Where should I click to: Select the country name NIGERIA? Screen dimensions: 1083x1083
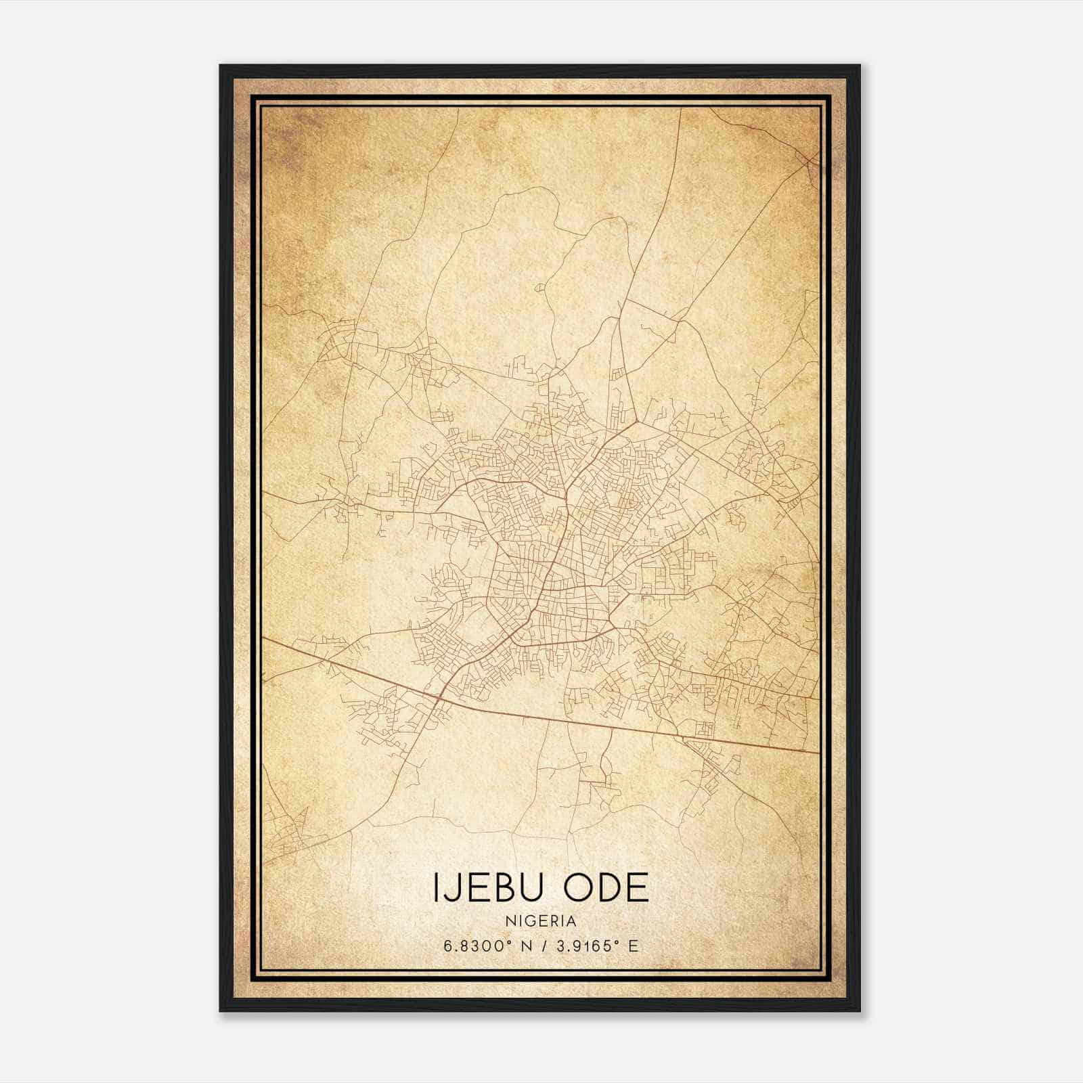coord(540,921)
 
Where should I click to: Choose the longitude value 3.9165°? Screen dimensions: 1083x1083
coord(584,946)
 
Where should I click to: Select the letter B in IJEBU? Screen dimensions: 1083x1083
coord(504,887)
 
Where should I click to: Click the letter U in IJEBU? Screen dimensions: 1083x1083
coord(531,887)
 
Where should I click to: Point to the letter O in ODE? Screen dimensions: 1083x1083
coord(577,887)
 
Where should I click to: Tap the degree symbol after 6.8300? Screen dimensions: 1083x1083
coord(506,942)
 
